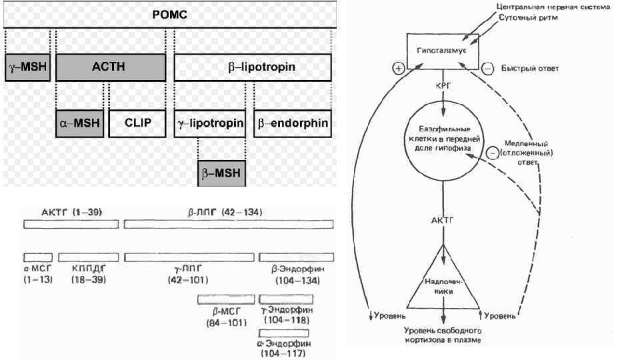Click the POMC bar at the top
tap(168, 14)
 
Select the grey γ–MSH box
tap(27, 67)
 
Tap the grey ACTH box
tap(110, 67)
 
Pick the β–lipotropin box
tap(253, 67)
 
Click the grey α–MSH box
tap(79, 123)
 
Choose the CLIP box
tap(138, 123)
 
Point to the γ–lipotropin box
tap(211, 123)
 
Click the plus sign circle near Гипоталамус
tap(399, 69)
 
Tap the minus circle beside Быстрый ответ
tap(487, 69)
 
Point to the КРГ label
tap(442, 87)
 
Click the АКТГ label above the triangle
tap(442, 221)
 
